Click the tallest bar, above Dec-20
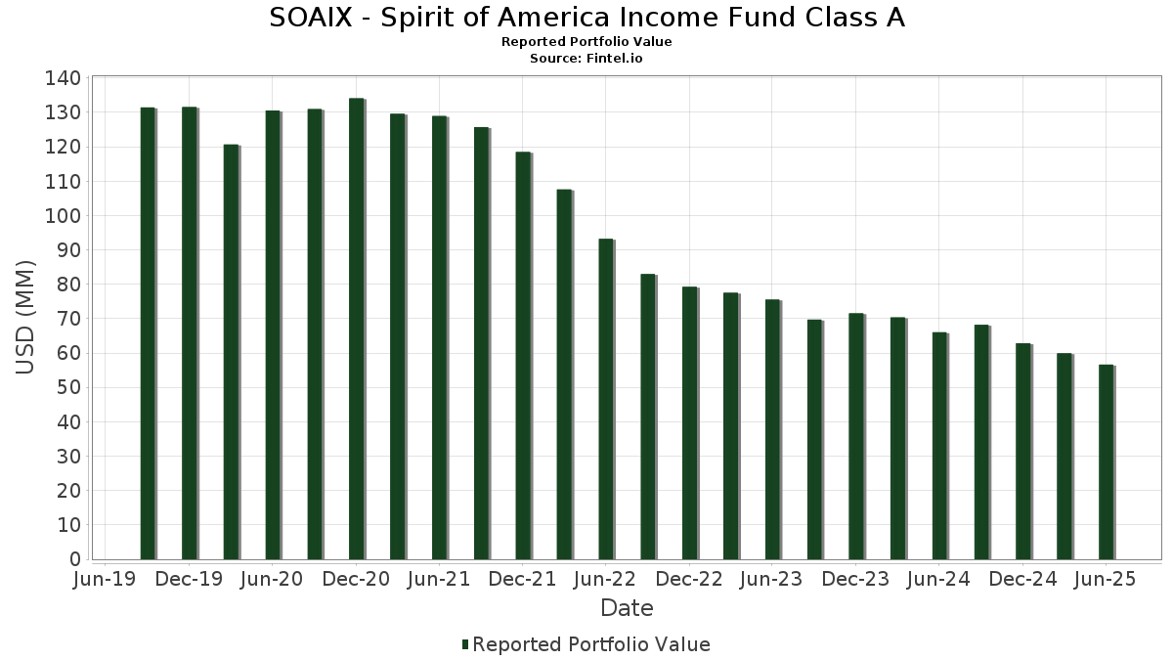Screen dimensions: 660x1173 click(x=357, y=330)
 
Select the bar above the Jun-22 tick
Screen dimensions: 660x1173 click(x=606, y=399)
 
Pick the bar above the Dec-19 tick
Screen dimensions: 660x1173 click(x=190, y=333)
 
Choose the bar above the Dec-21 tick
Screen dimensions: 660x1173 click(x=523, y=356)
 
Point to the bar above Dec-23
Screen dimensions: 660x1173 click(x=856, y=436)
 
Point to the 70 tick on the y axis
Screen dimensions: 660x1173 click(x=69, y=320)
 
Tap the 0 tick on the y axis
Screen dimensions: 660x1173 click(x=75, y=560)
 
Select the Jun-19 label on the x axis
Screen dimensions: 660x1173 click(x=106, y=579)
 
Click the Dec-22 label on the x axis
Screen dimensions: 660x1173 click(x=689, y=579)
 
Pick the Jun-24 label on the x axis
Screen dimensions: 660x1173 click(x=938, y=579)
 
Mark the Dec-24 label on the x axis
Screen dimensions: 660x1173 click(x=1022, y=579)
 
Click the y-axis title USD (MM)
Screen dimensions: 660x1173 click(x=25, y=318)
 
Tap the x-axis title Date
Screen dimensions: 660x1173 click(x=627, y=608)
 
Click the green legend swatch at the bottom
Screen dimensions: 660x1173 click(x=465, y=644)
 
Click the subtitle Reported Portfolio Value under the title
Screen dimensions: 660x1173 click(x=586, y=42)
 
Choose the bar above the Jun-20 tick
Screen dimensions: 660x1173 click(x=273, y=335)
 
